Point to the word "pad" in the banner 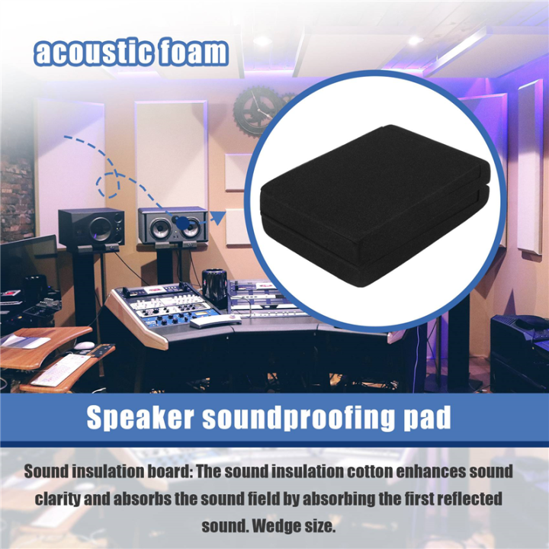click(427, 419)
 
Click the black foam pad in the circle click(371, 206)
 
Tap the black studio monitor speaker click(91, 226)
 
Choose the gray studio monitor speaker click(172, 226)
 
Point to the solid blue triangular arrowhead click(217, 218)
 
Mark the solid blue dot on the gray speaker click(182, 221)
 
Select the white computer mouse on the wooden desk click(84, 346)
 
